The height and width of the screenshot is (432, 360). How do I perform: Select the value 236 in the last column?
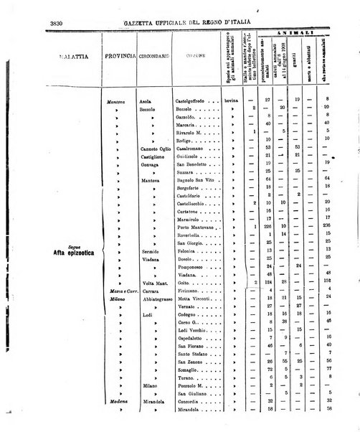click(327, 227)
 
